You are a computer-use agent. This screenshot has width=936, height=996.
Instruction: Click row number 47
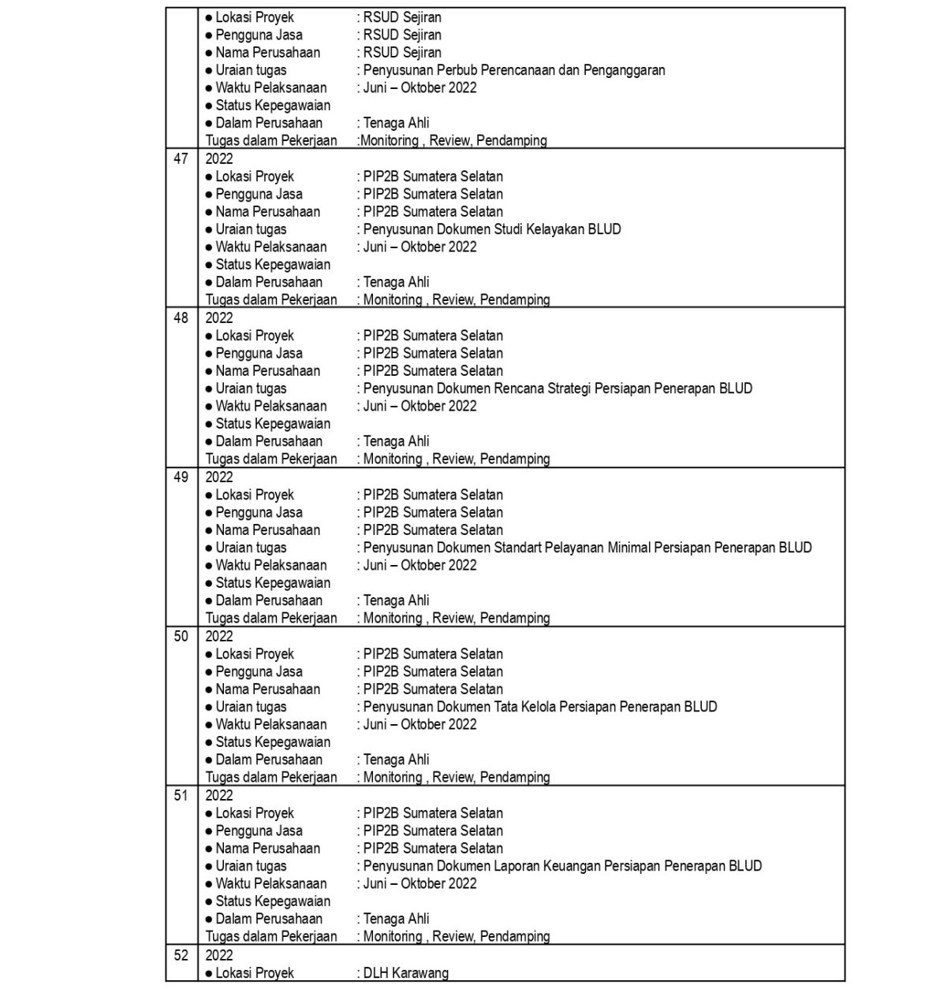click(x=181, y=159)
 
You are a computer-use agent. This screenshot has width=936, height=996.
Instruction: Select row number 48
click(x=181, y=318)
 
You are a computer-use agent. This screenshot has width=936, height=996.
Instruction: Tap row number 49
click(x=181, y=478)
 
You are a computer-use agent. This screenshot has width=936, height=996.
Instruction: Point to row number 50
click(x=181, y=637)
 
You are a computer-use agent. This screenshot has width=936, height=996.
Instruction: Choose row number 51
click(x=181, y=796)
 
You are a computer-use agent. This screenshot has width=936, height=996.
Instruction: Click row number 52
click(x=181, y=955)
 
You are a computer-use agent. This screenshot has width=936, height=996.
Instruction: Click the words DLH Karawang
click(x=405, y=973)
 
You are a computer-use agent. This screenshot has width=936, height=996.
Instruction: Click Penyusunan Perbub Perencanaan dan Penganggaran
click(x=514, y=70)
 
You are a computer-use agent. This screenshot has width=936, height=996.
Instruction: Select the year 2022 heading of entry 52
click(x=219, y=955)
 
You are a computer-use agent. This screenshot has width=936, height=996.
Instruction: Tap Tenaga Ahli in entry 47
click(x=396, y=282)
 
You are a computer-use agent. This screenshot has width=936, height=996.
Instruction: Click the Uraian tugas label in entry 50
click(x=251, y=707)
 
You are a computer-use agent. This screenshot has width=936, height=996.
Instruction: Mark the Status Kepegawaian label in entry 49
click(x=273, y=583)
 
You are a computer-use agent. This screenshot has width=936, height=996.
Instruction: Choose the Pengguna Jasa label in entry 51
click(x=259, y=831)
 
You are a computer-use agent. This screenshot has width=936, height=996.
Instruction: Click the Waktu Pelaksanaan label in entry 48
click(x=270, y=406)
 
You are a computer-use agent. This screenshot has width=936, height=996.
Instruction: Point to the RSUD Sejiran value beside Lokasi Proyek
click(x=402, y=17)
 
